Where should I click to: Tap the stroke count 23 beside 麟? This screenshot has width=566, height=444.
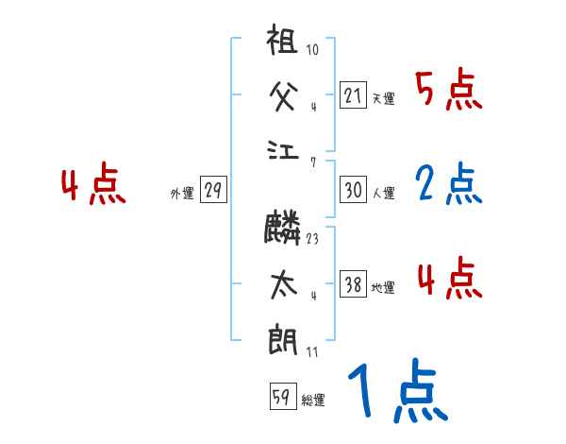[312, 239]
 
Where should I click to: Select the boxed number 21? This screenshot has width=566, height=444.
[353, 94]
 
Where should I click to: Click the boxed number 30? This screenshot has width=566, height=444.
[353, 190]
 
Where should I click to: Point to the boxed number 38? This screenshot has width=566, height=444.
[353, 284]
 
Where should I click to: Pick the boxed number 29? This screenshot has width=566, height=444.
[212, 190]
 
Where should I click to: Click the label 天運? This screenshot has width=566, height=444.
[383, 98]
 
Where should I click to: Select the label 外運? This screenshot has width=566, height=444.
[182, 194]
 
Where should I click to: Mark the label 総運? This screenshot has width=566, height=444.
[312, 400]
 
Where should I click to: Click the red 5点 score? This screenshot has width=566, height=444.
[447, 91]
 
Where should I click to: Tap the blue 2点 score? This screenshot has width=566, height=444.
[447, 185]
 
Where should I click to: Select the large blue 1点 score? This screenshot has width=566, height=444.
[397, 392]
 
